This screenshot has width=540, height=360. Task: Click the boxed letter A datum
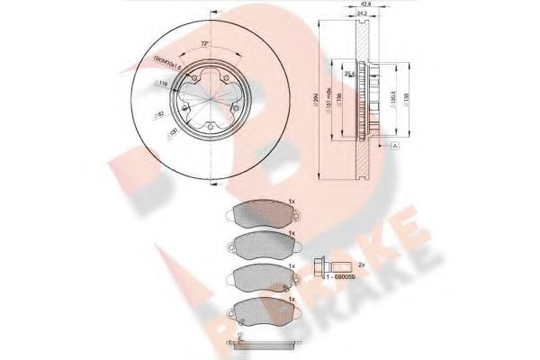(394, 144)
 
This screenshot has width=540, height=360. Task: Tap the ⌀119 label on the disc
(162, 85)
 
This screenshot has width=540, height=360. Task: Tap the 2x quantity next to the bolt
(360, 265)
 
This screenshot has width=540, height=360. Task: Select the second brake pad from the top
(260, 243)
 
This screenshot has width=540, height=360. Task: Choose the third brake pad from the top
(260, 277)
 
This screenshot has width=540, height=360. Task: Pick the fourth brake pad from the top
(260, 311)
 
